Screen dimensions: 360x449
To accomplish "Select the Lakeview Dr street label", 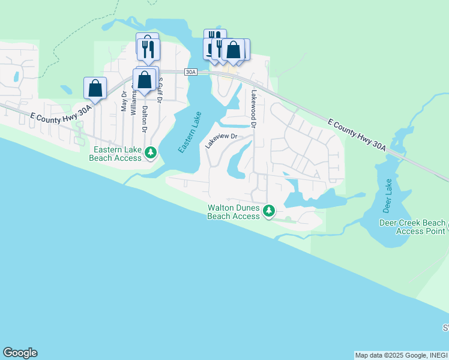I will (x=221, y=141).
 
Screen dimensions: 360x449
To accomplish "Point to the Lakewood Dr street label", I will (x=254, y=109).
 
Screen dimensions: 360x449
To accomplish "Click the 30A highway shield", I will (x=191, y=72).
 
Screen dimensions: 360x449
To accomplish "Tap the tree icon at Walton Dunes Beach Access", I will (x=270, y=211).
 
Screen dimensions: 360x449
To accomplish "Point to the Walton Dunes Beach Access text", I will (x=234, y=212).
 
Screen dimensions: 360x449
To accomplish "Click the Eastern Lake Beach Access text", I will (x=116, y=154).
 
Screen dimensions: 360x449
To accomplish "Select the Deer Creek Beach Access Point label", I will (x=413, y=226).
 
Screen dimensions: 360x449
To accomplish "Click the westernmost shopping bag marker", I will (x=95, y=88).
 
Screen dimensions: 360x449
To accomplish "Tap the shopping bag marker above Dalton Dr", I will (x=144, y=80).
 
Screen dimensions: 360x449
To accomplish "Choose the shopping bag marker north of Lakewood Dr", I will (x=234, y=50).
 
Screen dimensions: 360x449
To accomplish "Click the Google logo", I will (x=20, y=353).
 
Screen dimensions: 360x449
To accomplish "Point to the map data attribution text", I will (x=401, y=355).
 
